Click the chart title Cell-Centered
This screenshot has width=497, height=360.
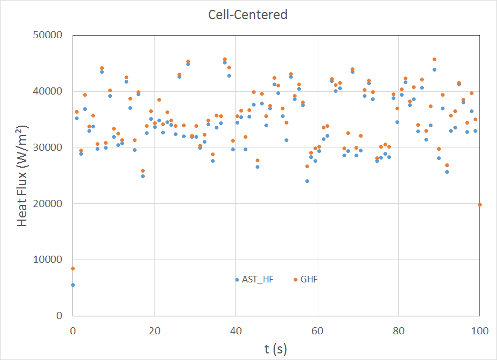click(x=248, y=15)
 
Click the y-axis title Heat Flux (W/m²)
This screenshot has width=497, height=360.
click(x=22, y=175)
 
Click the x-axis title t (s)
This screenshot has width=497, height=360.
click(x=276, y=348)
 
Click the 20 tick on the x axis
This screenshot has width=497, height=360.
click(x=154, y=331)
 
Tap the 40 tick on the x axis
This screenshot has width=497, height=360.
click(x=235, y=331)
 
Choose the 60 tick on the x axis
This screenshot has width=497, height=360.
click(x=317, y=331)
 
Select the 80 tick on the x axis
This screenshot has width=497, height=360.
click(x=399, y=331)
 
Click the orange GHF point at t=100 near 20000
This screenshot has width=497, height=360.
click(x=480, y=204)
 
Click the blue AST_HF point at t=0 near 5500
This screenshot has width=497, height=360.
click(x=73, y=285)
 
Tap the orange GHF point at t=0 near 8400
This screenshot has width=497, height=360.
click(x=73, y=268)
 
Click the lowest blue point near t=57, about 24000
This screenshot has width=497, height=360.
click(x=307, y=181)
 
